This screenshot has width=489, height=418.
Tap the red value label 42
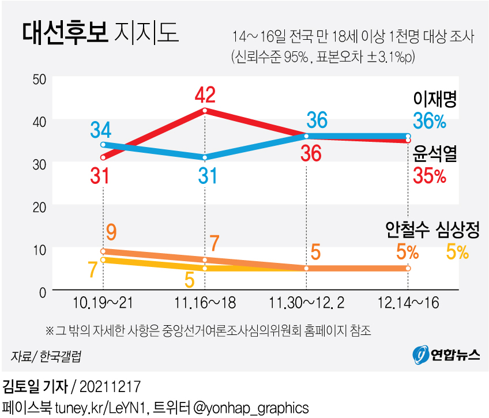tap(205, 94)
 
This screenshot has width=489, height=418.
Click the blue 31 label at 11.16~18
tap(205, 175)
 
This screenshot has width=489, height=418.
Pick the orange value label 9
tap(112, 233)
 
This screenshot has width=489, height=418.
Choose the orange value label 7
tap(215, 243)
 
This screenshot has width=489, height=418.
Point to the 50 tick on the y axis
tap(39, 79)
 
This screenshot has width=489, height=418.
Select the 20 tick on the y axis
tap(39, 206)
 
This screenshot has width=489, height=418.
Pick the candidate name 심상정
tap(458, 229)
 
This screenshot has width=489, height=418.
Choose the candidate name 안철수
tap(408, 229)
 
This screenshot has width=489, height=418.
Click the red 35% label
tap(430, 176)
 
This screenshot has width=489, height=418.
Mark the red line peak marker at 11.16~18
tap(205, 110)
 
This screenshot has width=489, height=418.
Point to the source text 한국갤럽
tap(61, 356)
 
